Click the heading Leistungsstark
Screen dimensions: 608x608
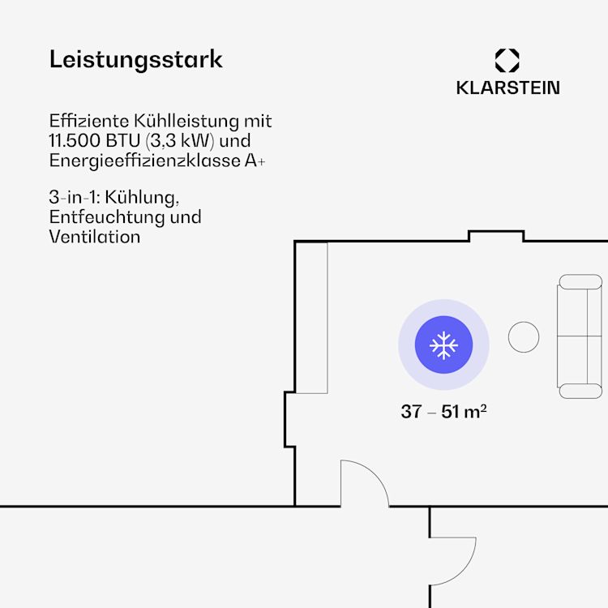pyautogui.click(x=135, y=60)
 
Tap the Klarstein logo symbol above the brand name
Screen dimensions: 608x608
pyautogui.click(x=507, y=61)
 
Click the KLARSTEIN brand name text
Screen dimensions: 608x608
pyautogui.click(x=508, y=88)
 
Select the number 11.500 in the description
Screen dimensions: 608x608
pyautogui.click(x=75, y=140)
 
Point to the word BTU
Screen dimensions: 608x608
pyautogui.click(x=123, y=140)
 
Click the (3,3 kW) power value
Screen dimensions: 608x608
pyautogui.click(x=180, y=141)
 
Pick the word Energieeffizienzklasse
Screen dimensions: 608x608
pyautogui.click(x=144, y=161)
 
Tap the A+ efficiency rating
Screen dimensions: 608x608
pyautogui.click(x=255, y=161)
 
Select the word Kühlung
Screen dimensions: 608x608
pyautogui.click(x=142, y=197)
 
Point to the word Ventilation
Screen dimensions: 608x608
pyautogui.click(x=95, y=237)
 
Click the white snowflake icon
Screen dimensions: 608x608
pyautogui.click(x=443, y=345)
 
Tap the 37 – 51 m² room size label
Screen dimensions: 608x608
pyautogui.click(x=443, y=411)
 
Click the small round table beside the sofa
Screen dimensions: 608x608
pyautogui.click(x=524, y=337)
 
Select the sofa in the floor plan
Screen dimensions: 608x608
pyautogui.click(x=580, y=336)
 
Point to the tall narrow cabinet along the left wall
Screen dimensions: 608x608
pyautogui.click(x=311, y=318)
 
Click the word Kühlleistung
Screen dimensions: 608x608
pyautogui.click(x=186, y=121)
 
